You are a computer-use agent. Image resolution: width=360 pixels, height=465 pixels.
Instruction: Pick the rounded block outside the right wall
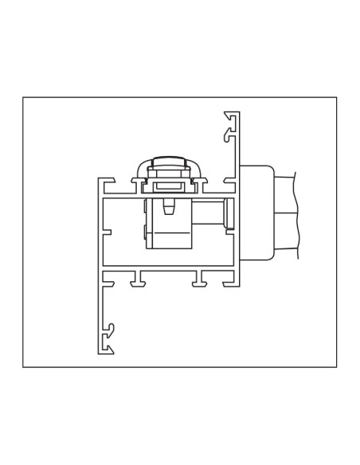(x=258, y=212)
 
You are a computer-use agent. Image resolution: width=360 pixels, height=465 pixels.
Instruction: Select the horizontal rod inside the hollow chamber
(x=209, y=214)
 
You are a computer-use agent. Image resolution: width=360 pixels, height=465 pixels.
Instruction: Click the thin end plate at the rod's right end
(x=227, y=214)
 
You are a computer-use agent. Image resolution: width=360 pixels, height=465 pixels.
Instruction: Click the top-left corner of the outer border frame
(x=23, y=97)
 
